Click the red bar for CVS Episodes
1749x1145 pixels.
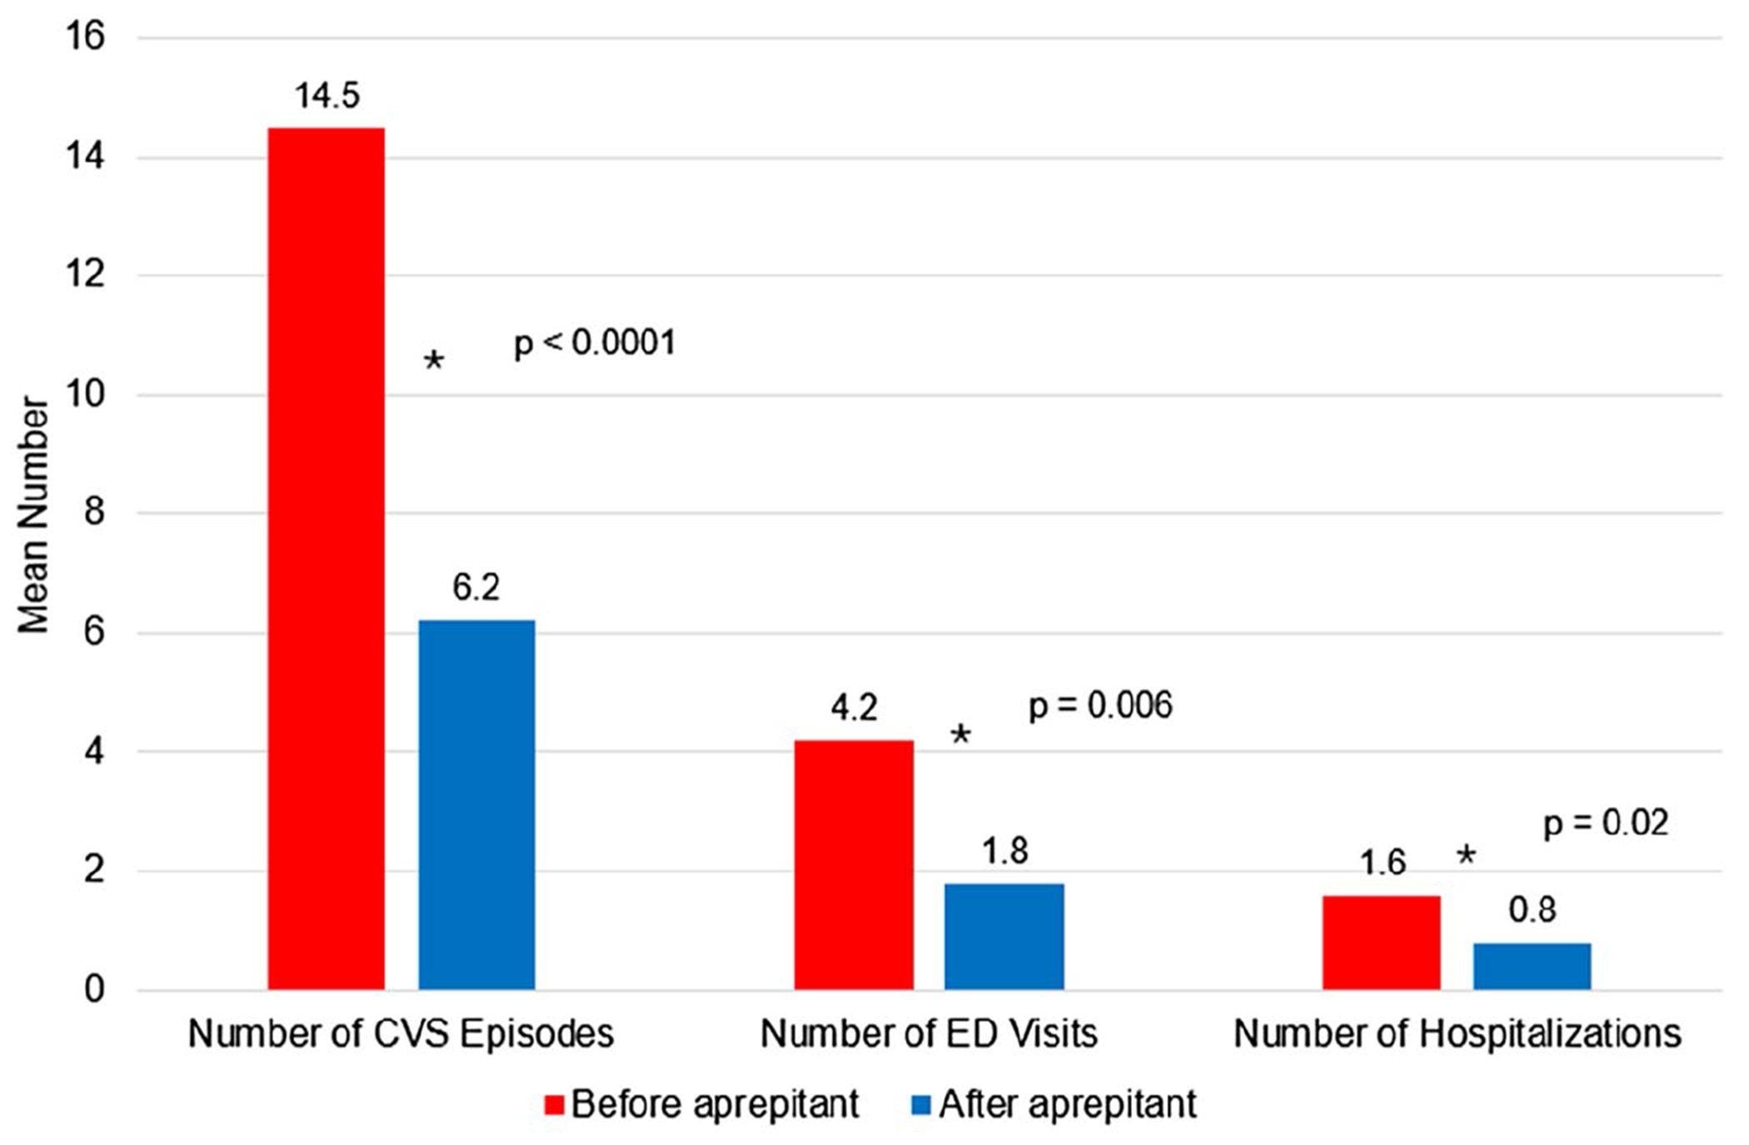(326, 558)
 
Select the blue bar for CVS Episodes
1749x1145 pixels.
(476, 805)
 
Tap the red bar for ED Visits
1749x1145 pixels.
(854, 865)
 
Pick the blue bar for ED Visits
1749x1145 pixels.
(1004, 937)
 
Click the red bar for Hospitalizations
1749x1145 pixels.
(1382, 942)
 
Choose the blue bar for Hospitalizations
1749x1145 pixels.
(1532, 967)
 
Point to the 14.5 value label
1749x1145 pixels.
(327, 96)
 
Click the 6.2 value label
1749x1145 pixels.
(476, 587)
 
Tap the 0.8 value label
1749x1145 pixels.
(1532, 910)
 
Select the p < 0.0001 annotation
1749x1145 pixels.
(595, 342)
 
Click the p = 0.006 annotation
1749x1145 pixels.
(1100, 706)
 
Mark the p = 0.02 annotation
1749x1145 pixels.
(1607, 823)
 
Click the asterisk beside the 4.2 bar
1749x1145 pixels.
(960, 734)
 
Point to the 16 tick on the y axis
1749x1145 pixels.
(85, 37)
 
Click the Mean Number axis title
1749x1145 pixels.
(33, 514)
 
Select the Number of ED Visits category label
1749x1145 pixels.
(929, 1034)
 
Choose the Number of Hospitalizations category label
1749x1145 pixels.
(1457, 1034)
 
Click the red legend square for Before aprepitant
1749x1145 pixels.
(555, 1105)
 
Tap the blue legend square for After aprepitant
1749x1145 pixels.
(922, 1105)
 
